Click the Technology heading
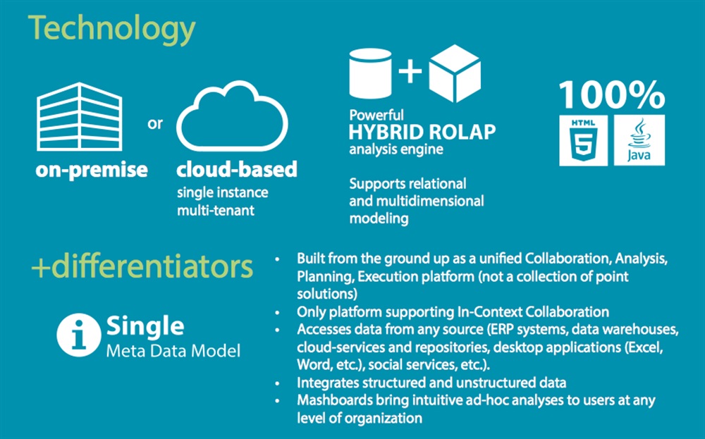[111, 30]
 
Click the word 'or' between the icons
[155, 123]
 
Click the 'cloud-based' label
[236, 170]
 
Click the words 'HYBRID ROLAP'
[422, 132]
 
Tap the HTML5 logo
[583, 140]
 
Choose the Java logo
[639, 140]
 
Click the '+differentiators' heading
[141, 268]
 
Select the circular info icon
[78, 335]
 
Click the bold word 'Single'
[145, 326]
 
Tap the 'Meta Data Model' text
[173, 350]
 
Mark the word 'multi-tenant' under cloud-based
[216, 209]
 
